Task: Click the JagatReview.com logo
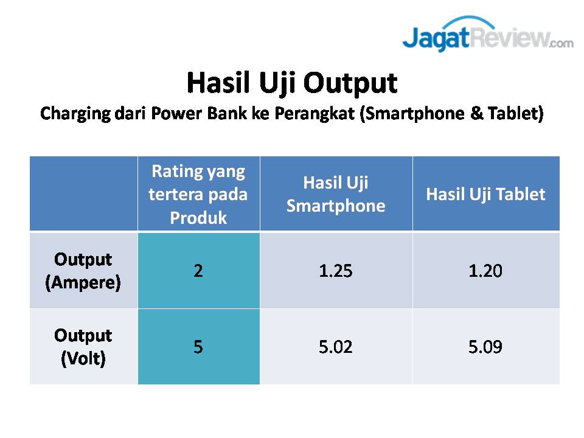488,34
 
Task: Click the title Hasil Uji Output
292,83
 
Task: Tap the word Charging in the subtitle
75,114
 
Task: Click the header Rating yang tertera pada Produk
198,194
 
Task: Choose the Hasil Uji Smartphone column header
336,194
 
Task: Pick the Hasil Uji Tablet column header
485,194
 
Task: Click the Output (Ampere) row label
83,271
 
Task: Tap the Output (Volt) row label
83,347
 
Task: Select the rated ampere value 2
198,271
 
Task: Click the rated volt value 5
198,347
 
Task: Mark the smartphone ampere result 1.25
336,271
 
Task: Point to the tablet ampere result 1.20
485,271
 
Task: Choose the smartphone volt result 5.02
336,347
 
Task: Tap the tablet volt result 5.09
485,347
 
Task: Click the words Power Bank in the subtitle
200,113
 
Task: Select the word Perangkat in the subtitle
315,114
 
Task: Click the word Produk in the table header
198,218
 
